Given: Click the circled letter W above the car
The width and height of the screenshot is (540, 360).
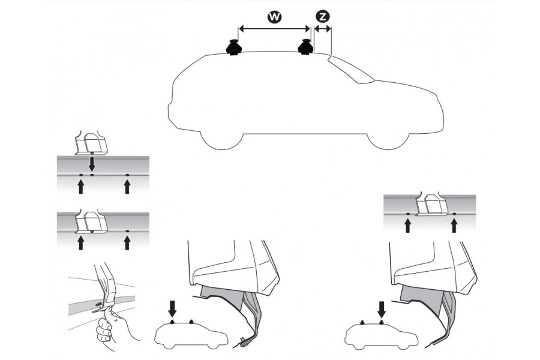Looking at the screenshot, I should [x=274, y=17].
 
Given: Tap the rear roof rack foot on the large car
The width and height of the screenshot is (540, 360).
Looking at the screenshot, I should [x=233, y=47].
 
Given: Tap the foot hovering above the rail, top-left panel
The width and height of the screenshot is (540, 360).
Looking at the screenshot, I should [x=91, y=144].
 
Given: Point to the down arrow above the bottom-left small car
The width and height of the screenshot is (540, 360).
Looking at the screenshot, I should [x=173, y=308].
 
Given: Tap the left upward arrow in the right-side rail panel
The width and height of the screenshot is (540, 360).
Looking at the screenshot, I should [x=407, y=224].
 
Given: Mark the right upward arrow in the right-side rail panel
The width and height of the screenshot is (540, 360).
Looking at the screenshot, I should [x=454, y=224].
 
